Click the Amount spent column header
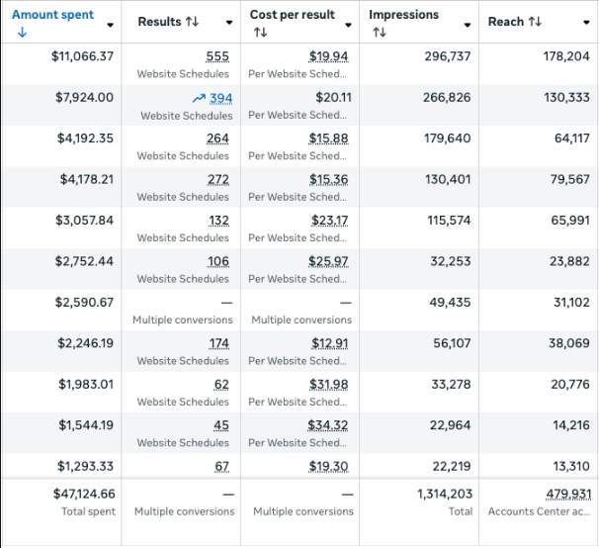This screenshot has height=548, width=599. [x=52, y=15]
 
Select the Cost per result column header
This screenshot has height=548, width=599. [x=292, y=15]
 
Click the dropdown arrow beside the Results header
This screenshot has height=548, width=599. [x=229, y=23]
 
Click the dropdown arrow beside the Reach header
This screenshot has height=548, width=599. [x=588, y=23]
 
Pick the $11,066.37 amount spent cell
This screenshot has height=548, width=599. [x=82, y=56]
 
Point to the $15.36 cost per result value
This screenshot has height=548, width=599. [x=328, y=179]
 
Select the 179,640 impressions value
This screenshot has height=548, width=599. [x=448, y=138]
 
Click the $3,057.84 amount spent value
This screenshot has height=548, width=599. [x=84, y=220]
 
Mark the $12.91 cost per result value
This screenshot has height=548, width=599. [x=330, y=343]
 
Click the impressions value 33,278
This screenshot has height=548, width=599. [x=450, y=384]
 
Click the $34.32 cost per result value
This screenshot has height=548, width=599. [x=328, y=425]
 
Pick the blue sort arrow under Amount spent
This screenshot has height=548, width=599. [x=19, y=33]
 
